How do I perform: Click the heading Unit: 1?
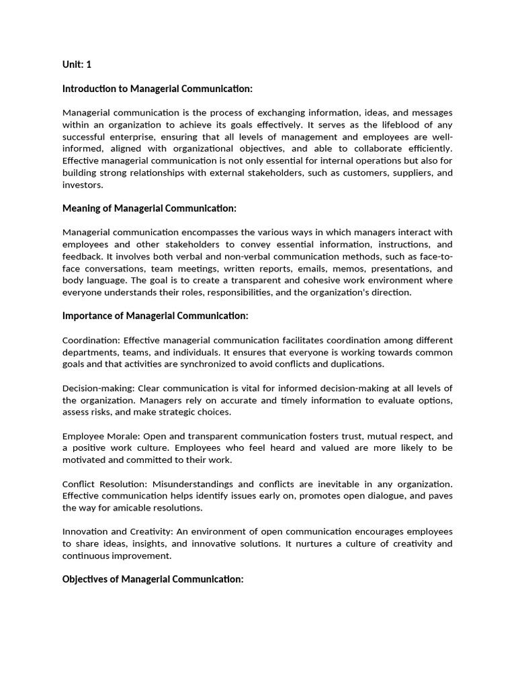(77, 65)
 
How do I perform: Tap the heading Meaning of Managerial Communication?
(149, 208)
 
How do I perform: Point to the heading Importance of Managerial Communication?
(155, 316)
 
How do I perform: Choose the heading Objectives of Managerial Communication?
(153, 578)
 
